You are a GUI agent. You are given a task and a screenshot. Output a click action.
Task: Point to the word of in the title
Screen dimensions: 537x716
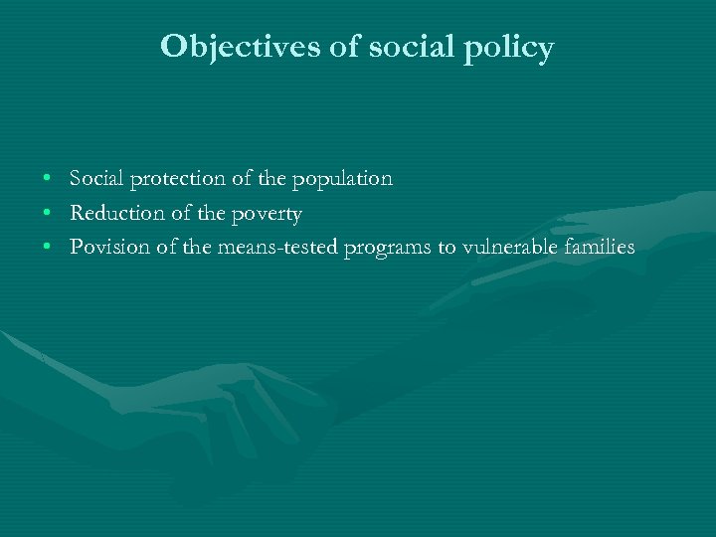tap(342, 47)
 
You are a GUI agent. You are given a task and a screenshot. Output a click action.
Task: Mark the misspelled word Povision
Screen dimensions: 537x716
tap(110, 248)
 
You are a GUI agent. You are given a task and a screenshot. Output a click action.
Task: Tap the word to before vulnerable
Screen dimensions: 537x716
tap(447, 248)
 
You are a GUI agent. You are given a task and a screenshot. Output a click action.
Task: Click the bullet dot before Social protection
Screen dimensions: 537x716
tap(48, 180)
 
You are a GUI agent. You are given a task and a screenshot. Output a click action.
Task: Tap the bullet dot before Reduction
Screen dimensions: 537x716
tap(48, 214)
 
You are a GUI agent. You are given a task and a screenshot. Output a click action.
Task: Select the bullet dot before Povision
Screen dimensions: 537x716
tap(48, 248)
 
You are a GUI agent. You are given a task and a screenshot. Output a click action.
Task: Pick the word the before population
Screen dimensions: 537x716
tap(268, 179)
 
